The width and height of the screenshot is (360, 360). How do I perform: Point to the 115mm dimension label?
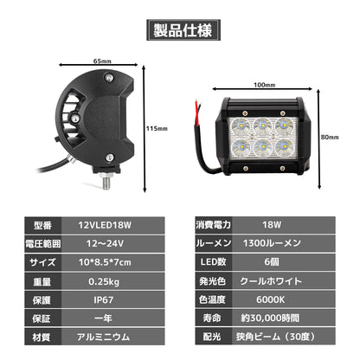157,129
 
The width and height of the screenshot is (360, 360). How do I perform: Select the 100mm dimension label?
265,86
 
